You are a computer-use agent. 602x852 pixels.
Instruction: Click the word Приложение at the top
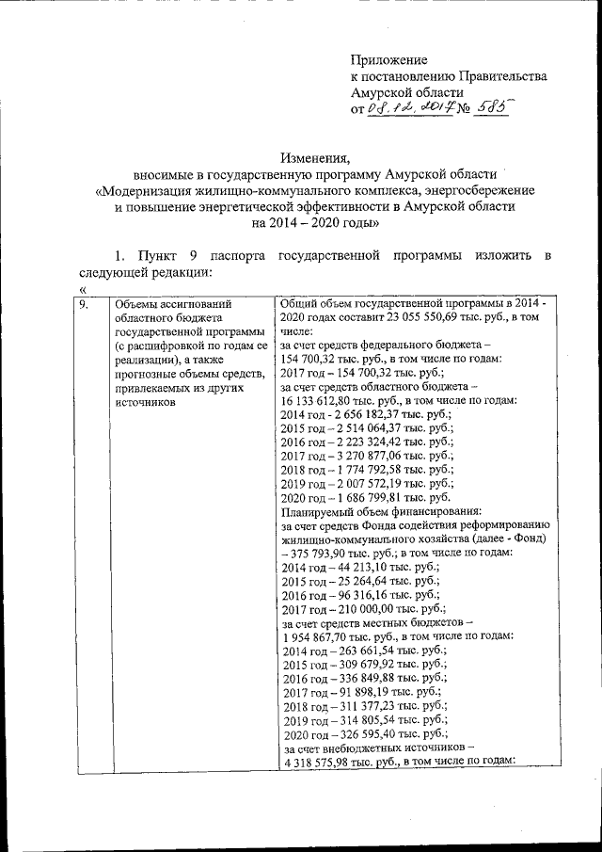pyautogui.click(x=388, y=58)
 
